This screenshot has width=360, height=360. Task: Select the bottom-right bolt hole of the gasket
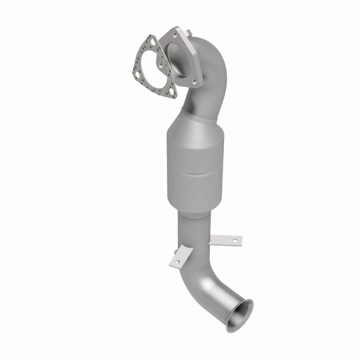pos(171,92)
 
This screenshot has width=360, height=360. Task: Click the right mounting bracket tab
pos(226,240)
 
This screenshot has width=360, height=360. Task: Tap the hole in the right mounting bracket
pos(233,241)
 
